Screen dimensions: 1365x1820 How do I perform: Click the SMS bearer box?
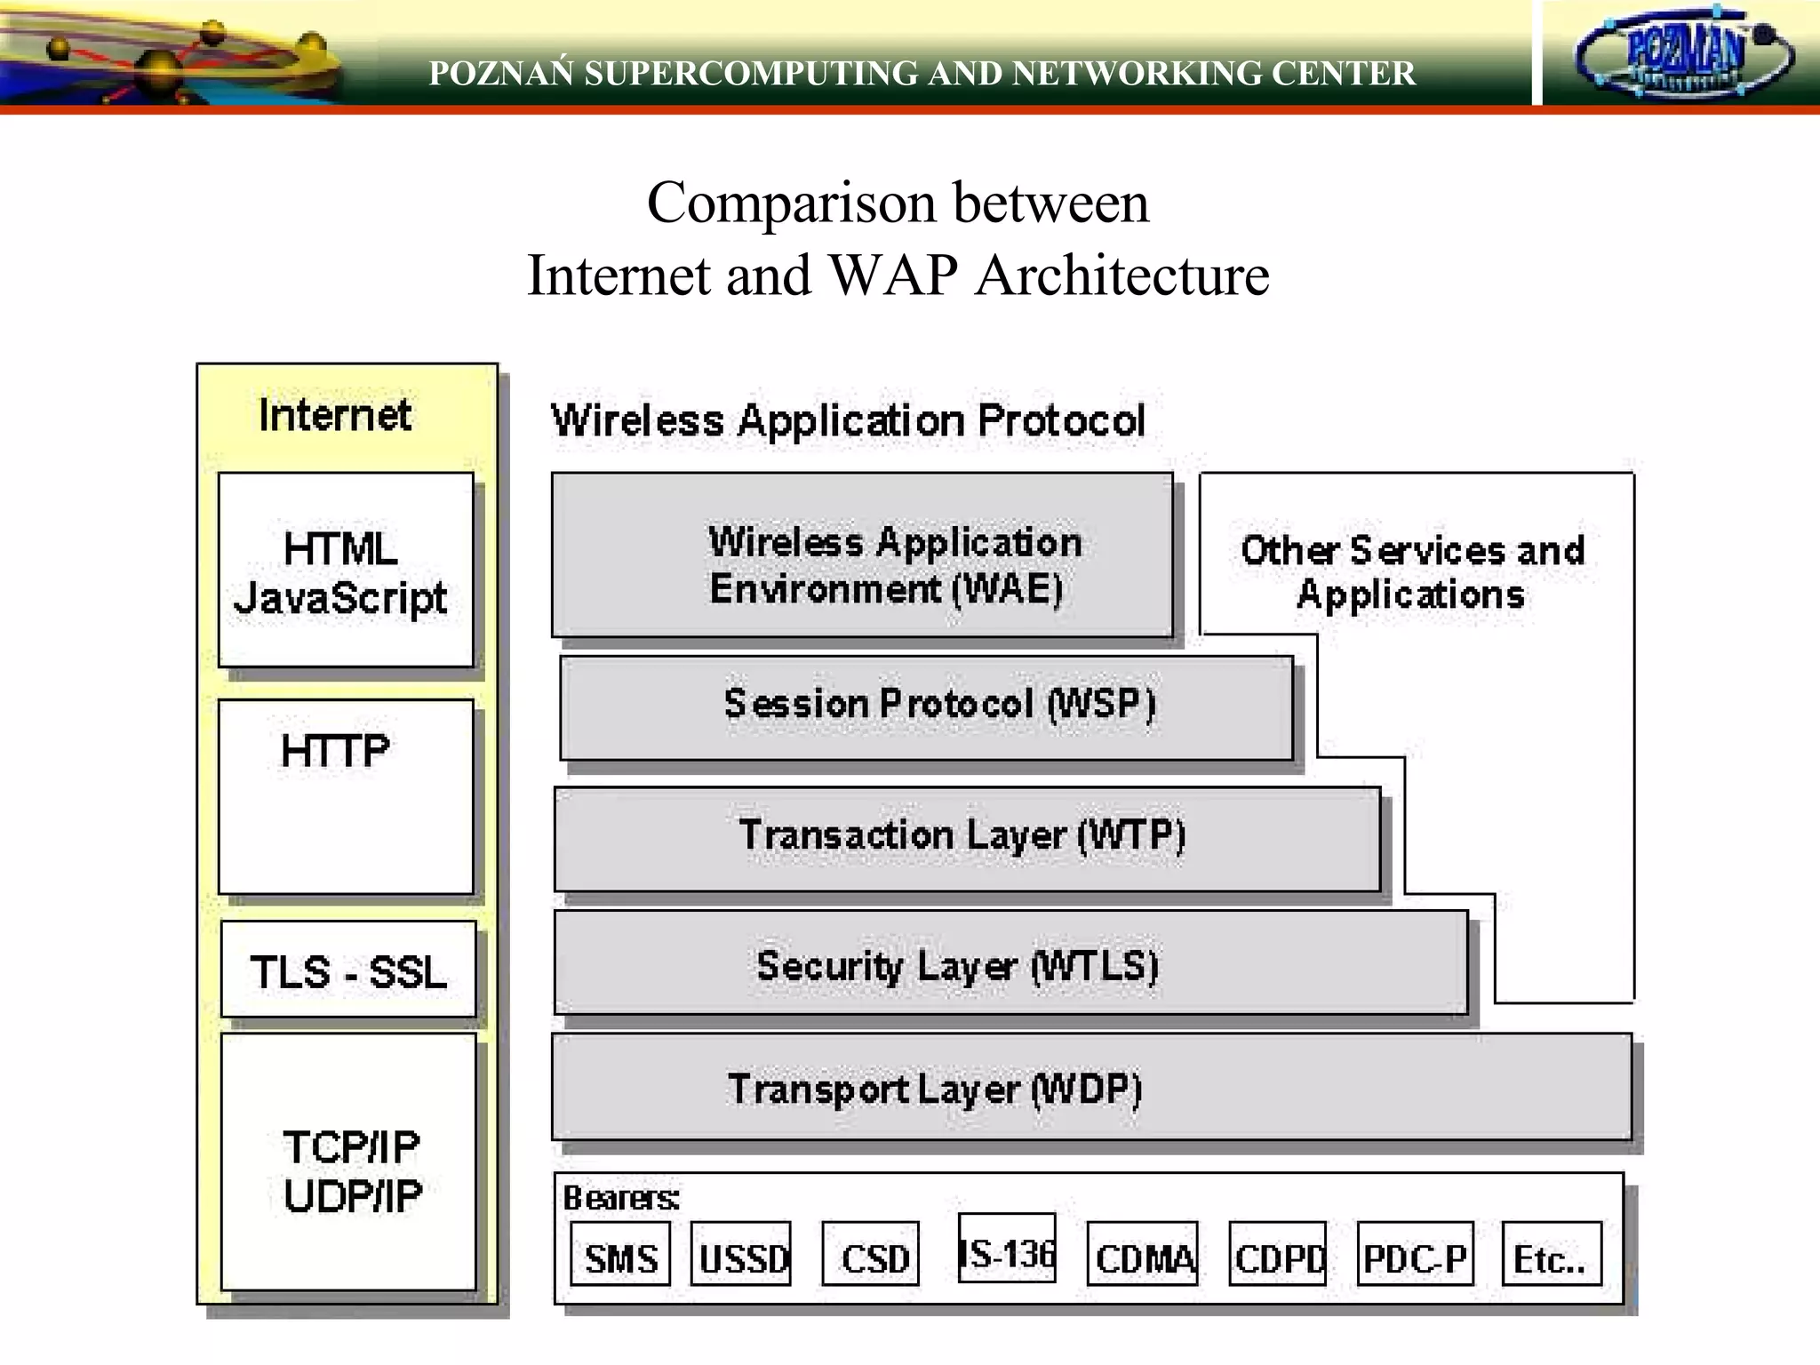coord(620,1254)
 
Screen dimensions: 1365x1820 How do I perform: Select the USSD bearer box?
coord(741,1254)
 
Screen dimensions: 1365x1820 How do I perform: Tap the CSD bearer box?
coord(871,1254)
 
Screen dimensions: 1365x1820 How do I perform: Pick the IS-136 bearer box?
coord(1008,1249)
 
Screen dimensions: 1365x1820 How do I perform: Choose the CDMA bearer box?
coord(1143,1254)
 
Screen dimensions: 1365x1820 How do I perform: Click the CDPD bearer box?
coord(1278,1254)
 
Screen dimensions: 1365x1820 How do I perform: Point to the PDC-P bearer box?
coord(1415,1254)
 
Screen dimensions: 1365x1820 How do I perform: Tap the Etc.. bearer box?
coord(1552,1254)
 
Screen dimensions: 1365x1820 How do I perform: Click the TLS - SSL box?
coord(348,970)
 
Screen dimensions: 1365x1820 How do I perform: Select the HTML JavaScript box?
coord(346,571)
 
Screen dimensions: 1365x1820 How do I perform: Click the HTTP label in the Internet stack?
coord(336,752)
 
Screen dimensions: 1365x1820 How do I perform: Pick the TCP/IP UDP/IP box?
coord(349,1161)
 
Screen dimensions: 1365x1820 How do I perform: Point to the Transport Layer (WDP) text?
coord(935,1090)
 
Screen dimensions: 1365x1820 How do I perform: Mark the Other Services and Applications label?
coord(1413,572)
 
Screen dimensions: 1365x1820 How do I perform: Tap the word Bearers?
coord(621,1198)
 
